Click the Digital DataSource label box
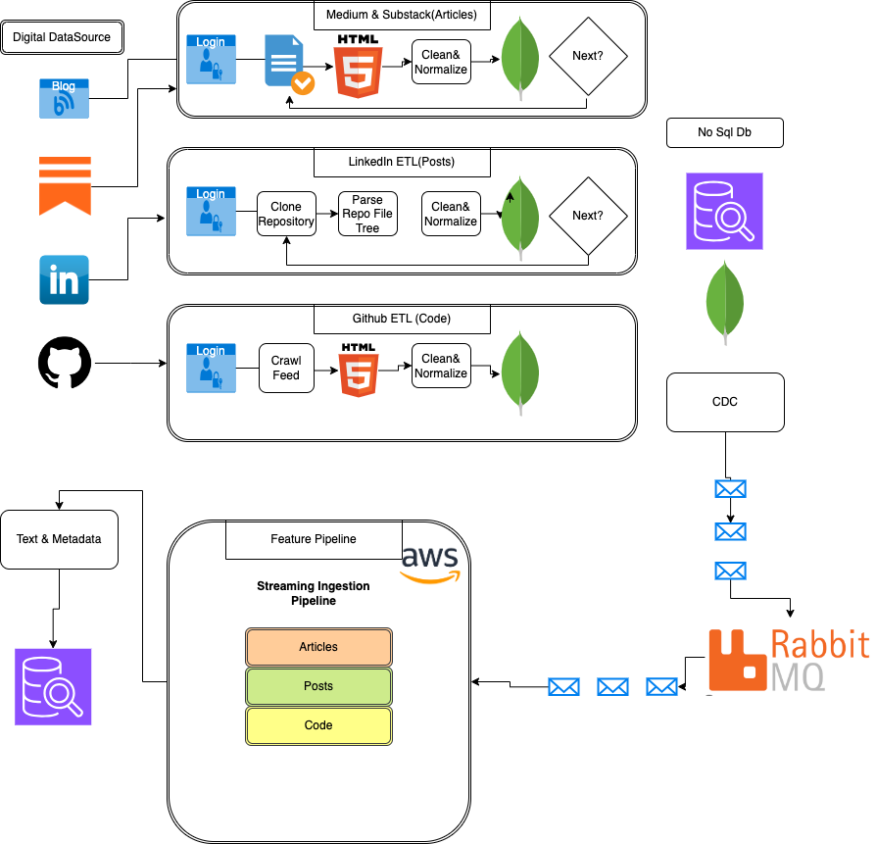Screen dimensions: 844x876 click(x=62, y=37)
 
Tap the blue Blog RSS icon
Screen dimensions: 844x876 click(x=64, y=98)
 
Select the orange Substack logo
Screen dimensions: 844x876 click(x=65, y=185)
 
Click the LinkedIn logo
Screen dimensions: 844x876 click(x=64, y=279)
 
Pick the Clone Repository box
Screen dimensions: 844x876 click(x=286, y=214)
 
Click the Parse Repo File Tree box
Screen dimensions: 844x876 click(x=367, y=214)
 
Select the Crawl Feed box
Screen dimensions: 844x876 click(x=286, y=368)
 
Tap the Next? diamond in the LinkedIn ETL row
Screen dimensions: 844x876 click(x=587, y=216)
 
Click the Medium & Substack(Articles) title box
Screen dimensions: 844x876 click(x=402, y=15)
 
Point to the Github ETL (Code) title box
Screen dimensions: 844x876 click(x=402, y=319)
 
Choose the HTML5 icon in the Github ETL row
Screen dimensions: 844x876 click(x=359, y=370)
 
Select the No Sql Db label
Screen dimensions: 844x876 click(x=725, y=132)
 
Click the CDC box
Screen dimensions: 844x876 click(x=725, y=402)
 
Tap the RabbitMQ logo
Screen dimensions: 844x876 click(x=789, y=657)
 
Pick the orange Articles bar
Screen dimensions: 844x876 click(x=318, y=647)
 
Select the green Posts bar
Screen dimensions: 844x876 click(x=318, y=686)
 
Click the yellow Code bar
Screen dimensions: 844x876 click(x=318, y=725)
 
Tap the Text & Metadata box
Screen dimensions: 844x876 click(x=59, y=539)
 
